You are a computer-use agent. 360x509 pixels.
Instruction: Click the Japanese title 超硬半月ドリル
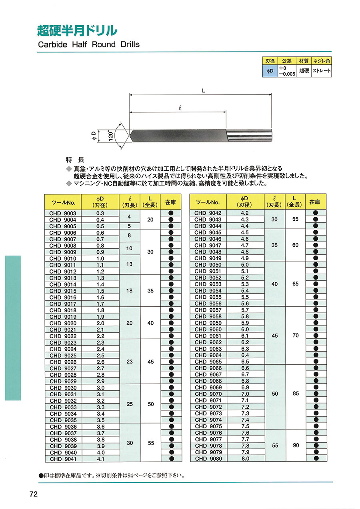pyautogui.click(x=77, y=30)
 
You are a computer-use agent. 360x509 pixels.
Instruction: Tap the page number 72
pyautogui.click(x=34, y=495)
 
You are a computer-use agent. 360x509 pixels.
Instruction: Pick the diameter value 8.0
pyautogui.click(x=245, y=459)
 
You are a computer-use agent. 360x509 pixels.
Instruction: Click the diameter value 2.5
pyautogui.click(x=100, y=355)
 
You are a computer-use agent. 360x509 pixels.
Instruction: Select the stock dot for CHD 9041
pyautogui.click(x=171, y=459)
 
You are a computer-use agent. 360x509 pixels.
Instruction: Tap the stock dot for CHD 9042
pyautogui.click(x=316, y=213)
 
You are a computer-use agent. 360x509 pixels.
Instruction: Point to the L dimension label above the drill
pyautogui.click(x=204, y=91)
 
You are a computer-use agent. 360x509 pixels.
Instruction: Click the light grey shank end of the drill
pyautogui.click(x=250, y=136)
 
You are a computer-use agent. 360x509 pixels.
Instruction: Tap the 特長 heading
pyautogui.click(x=75, y=159)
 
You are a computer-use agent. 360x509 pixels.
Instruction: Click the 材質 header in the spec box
pyautogui.click(x=304, y=61)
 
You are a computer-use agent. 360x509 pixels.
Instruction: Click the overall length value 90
pyautogui.click(x=296, y=445)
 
